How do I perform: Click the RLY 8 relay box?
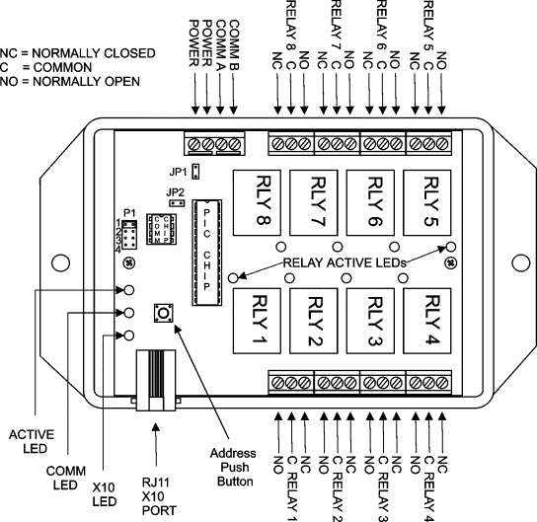(257, 202)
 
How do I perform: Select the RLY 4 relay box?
(426, 321)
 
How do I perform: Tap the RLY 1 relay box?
(257, 321)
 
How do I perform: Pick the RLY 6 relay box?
(370, 202)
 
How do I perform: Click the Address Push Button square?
(163, 313)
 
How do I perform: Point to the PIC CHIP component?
(206, 253)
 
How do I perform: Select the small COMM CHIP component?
(161, 229)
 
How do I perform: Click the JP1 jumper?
(195, 172)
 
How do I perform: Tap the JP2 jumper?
(177, 203)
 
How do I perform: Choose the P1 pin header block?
(129, 235)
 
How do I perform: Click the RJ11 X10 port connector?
(156, 380)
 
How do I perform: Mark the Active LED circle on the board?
(128, 290)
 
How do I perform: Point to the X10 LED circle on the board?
(128, 336)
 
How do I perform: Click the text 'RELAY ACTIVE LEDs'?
(345, 262)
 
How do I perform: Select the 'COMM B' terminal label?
(234, 44)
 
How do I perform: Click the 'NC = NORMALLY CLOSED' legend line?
(77, 53)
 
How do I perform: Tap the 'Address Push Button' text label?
(234, 467)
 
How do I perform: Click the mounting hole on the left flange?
(60, 262)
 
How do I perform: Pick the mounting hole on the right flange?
(521, 262)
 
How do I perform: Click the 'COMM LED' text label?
(66, 479)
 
